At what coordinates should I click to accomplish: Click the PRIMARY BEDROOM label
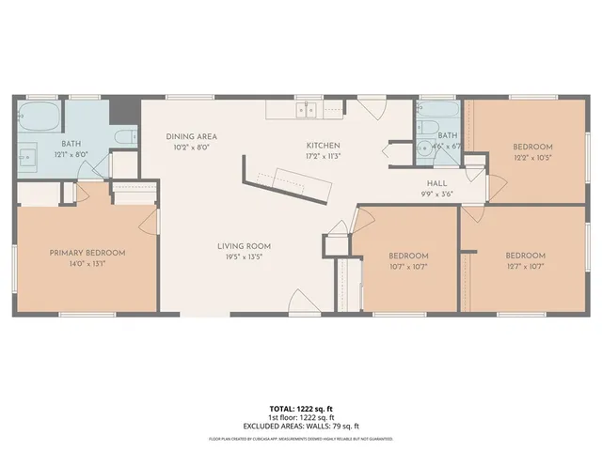87,253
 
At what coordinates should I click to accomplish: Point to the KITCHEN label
323,146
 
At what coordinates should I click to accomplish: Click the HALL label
436,183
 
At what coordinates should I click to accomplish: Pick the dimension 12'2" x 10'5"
532,158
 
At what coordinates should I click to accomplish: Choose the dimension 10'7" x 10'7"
408,267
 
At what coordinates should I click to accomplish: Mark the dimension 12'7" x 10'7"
525,267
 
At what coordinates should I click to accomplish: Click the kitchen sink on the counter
307,110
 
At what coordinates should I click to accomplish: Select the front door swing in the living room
303,303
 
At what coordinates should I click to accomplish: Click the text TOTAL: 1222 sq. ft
300,410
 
